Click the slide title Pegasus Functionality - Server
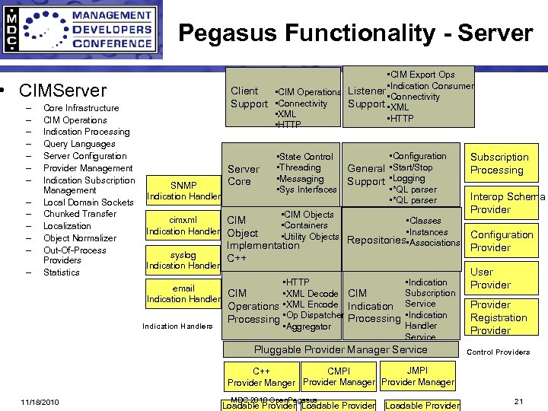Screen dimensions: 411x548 (355, 33)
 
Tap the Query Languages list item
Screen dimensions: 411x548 (79, 144)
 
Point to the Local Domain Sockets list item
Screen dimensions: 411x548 (88, 202)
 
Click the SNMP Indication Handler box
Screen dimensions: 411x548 (183, 191)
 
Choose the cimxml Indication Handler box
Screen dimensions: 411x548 (183, 225)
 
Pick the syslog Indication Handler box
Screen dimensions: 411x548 (183, 260)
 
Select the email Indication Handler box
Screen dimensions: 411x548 (183, 294)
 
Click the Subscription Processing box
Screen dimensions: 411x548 (499, 164)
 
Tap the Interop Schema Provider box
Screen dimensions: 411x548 (505, 202)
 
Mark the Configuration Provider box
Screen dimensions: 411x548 (501, 241)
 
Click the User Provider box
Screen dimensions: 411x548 (490, 279)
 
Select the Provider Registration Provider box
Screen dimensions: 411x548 (498, 317)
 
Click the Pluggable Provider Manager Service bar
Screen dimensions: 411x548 (340, 349)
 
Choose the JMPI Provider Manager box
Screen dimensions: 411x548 (417, 376)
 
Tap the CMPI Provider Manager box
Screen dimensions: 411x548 (339, 376)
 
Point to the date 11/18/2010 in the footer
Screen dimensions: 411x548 (41, 402)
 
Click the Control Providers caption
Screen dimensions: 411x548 (498, 352)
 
